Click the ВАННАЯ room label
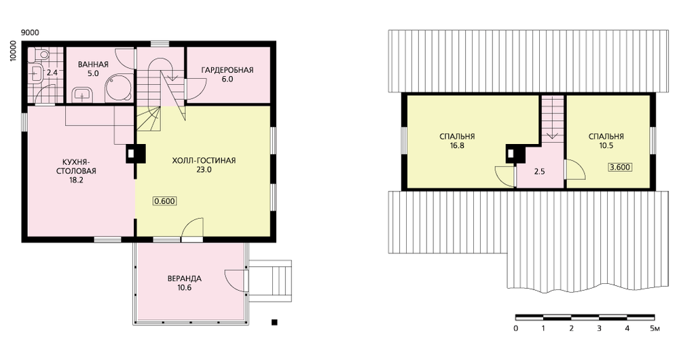93,65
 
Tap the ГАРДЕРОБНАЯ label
227,70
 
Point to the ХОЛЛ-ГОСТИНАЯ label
204,161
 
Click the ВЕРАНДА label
185,278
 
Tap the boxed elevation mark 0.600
164,201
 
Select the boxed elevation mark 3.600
620,167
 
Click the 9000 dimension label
30,33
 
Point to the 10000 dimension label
13,51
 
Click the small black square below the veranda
274,323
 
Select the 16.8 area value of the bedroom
457,145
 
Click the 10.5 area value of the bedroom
606,145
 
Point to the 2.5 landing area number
540,172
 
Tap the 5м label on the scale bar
655,328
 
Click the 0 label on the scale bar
516,328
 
